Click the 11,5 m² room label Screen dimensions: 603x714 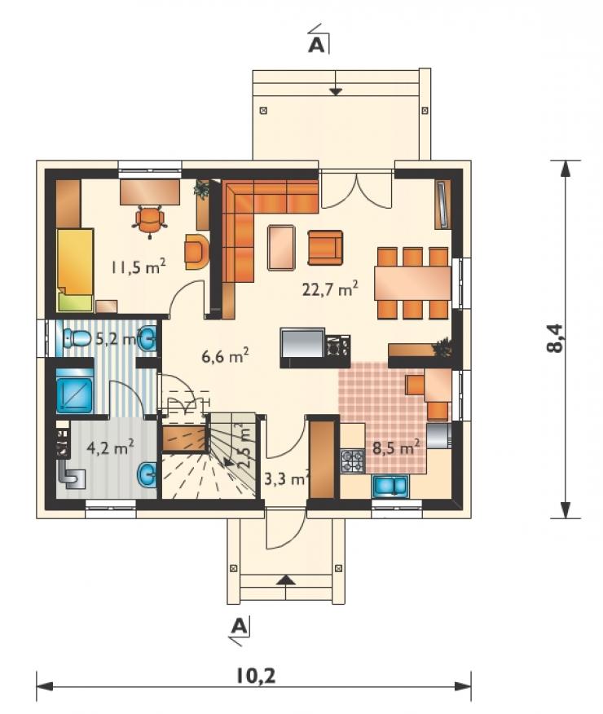coord(139,267)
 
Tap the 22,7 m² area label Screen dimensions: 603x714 coord(330,289)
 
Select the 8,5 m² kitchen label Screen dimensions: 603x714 coord(395,447)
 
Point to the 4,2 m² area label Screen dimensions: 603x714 coord(110,447)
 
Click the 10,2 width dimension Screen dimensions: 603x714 coord(256,676)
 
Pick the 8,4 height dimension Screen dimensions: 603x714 coord(555,338)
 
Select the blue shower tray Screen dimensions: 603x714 coord(74,390)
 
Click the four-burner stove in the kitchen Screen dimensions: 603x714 coord(353,461)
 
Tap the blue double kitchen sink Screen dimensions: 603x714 coord(391,486)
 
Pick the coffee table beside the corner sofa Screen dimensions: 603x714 coord(282,247)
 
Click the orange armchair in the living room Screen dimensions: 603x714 coord(325,247)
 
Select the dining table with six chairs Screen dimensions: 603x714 coord(412,283)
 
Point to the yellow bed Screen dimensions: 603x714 coord(75,270)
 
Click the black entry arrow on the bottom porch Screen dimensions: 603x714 coord(285,580)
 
